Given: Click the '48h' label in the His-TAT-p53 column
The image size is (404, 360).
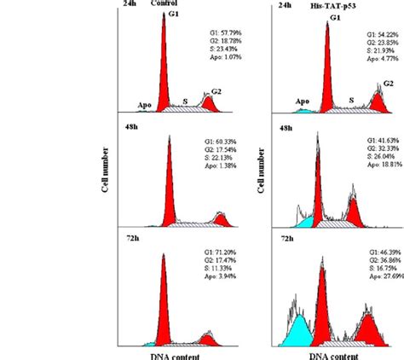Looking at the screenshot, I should [285, 127].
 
